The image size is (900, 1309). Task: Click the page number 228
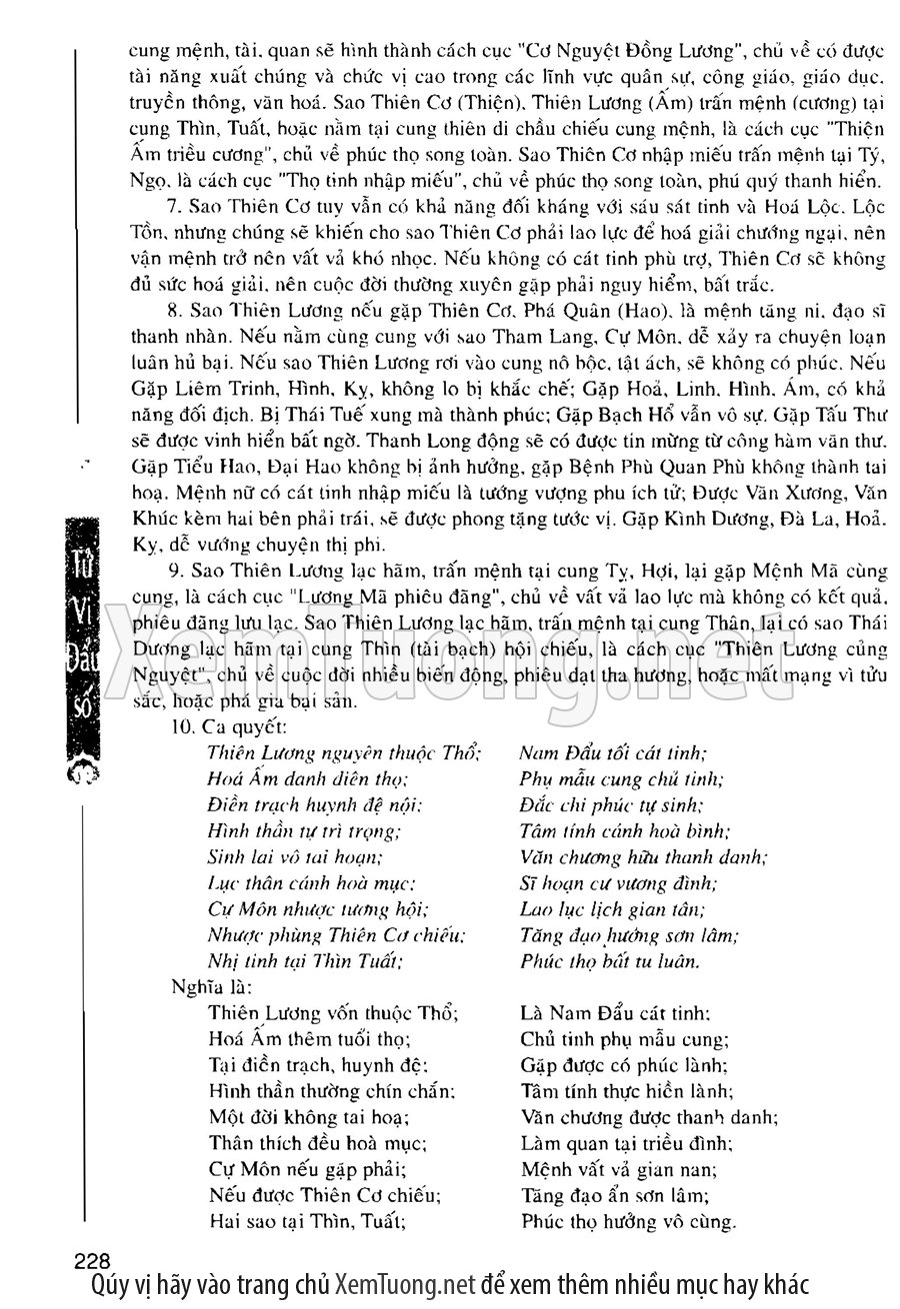(91, 1258)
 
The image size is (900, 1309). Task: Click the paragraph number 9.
(172, 572)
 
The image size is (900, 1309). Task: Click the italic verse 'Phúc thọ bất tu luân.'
(610, 962)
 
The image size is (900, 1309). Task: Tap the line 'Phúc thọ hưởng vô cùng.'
(629, 1221)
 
